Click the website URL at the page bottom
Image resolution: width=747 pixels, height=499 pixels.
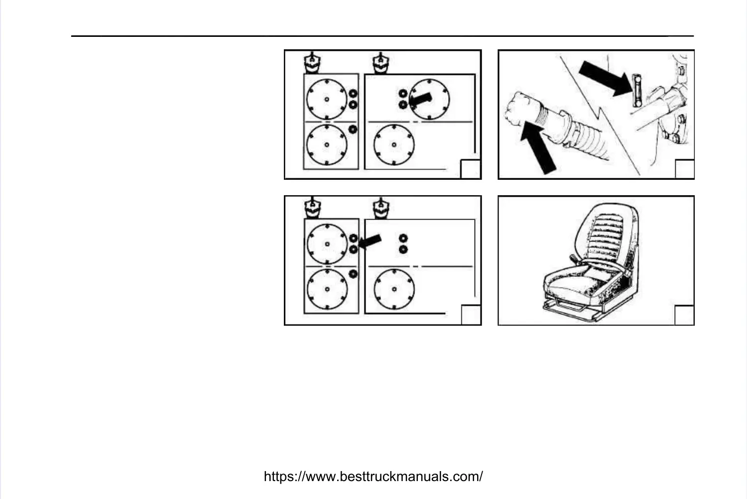(x=373, y=477)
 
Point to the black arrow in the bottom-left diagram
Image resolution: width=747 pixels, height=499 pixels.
(x=370, y=242)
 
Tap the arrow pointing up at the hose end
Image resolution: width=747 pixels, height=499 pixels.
(x=539, y=149)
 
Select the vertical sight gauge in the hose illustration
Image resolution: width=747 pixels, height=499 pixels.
(x=636, y=90)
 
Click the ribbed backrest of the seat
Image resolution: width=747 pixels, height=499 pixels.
(x=608, y=234)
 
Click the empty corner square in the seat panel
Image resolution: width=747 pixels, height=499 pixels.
(x=684, y=315)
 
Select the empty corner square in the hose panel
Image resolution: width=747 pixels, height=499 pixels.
(x=684, y=169)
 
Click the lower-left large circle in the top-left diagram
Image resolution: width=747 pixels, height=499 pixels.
(x=327, y=145)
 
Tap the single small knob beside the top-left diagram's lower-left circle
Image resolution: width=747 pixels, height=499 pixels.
(x=353, y=129)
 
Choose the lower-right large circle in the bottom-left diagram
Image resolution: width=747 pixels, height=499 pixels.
(x=394, y=289)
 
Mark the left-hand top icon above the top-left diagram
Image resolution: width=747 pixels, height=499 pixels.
(x=312, y=63)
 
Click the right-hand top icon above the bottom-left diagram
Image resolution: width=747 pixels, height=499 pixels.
(x=381, y=208)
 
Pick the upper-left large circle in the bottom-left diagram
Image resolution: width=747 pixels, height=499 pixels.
(x=327, y=244)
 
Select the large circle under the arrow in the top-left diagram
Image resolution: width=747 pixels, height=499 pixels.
(x=429, y=100)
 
